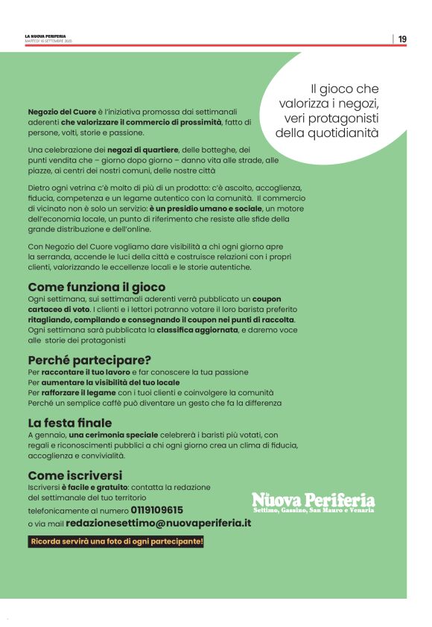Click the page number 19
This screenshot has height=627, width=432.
tap(402, 39)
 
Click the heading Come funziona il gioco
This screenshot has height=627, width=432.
tap(96, 287)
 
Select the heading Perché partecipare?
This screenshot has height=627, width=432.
tap(89, 360)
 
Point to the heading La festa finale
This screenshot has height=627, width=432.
tap(70, 423)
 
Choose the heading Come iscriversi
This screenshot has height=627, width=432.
tap(74, 475)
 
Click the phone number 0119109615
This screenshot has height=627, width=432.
tap(156, 510)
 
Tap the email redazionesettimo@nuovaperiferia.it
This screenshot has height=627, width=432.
tap(168, 523)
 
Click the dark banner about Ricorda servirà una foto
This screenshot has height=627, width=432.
tap(115, 541)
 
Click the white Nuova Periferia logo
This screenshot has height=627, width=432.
tap(313, 499)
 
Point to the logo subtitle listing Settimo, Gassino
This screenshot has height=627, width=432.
tap(313, 510)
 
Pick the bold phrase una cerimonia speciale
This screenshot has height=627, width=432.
tap(113, 435)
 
